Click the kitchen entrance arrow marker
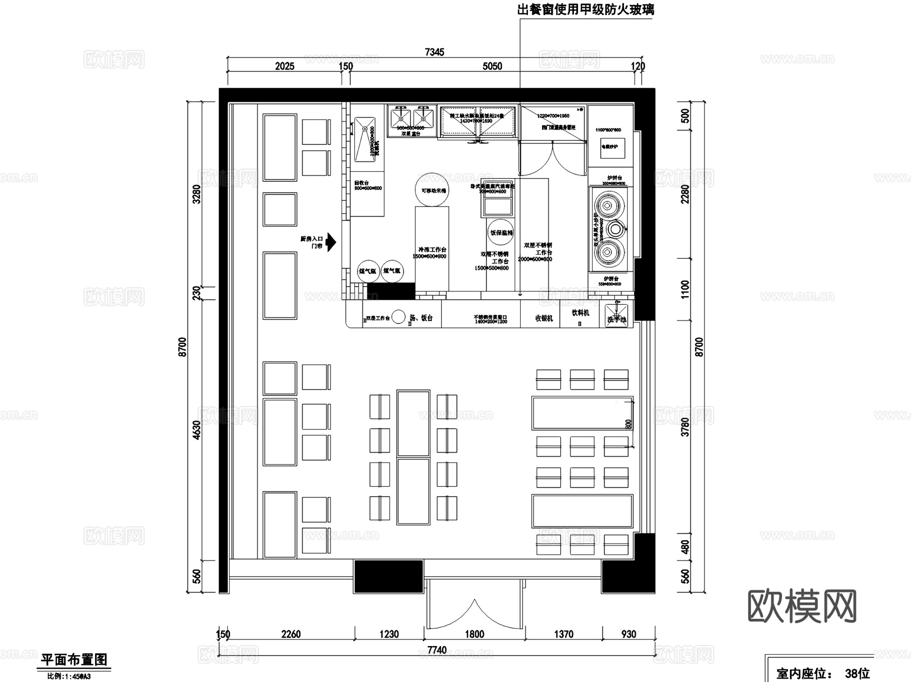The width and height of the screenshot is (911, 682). pyautogui.click(x=330, y=242)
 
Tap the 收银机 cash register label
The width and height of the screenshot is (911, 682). pyautogui.click(x=544, y=318)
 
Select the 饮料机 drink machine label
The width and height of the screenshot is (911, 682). pyautogui.click(x=580, y=313)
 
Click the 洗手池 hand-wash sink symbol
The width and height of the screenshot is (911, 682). pyautogui.click(x=616, y=315)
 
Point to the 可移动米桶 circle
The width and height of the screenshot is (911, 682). pyautogui.click(x=432, y=190)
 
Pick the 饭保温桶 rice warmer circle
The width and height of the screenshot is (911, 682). pyautogui.click(x=501, y=233)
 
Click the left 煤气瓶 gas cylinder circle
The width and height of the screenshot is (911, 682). pyautogui.click(x=368, y=271)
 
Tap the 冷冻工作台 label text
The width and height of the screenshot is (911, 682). pyautogui.click(x=432, y=250)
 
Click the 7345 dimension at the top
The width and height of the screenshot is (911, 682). pyautogui.click(x=435, y=52)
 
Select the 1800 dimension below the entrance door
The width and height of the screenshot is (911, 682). pyautogui.click(x=474, y=634)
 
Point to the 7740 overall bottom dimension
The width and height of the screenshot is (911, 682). pyautogui.click(x=437, y=650)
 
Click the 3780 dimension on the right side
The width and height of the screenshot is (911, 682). pyautogui.click(x=685, y=427)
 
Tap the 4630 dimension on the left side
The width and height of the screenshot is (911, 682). pyautogui.click(x=197, y=430)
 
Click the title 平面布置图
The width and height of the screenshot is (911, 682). pyautogui.click(x=74, y=660)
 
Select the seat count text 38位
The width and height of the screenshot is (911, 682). pyautogui.click(x=857, y=673)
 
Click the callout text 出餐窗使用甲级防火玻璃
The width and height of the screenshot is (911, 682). pyautogui.click(x=586, y=10)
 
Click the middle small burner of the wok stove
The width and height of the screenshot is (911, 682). pyautogui.click(x=614, y=229)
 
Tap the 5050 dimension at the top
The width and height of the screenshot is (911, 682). pyautogui.click(x=492, y=66)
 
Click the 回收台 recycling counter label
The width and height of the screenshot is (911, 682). pyautogui.click(x=361, y=183)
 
